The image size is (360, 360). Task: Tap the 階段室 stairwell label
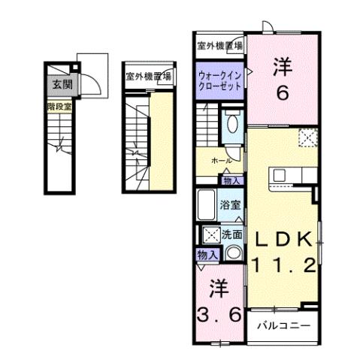pyautogui.click(x=58, y=107)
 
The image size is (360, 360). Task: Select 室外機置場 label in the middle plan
pyautogui.click(x=148, y=76)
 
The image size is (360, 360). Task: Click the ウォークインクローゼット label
pyautogui.click(x=220, y=81)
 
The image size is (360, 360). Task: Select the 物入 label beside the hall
pyautogui.click(x=231, y=180)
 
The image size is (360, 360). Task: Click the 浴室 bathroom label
pyautogui.click(x=230, y=203)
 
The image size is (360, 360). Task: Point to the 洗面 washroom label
pyautogui.click(x=231, y=234)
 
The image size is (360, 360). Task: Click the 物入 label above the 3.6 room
pyautogui.click(x=207, y=256)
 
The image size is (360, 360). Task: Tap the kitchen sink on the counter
pyautogui.click(x=280, y=176)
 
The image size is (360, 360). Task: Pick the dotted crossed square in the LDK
pyautogui.click(x=307, y=138)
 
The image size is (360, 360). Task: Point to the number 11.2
pyautogui.click(x=286, y=265)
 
